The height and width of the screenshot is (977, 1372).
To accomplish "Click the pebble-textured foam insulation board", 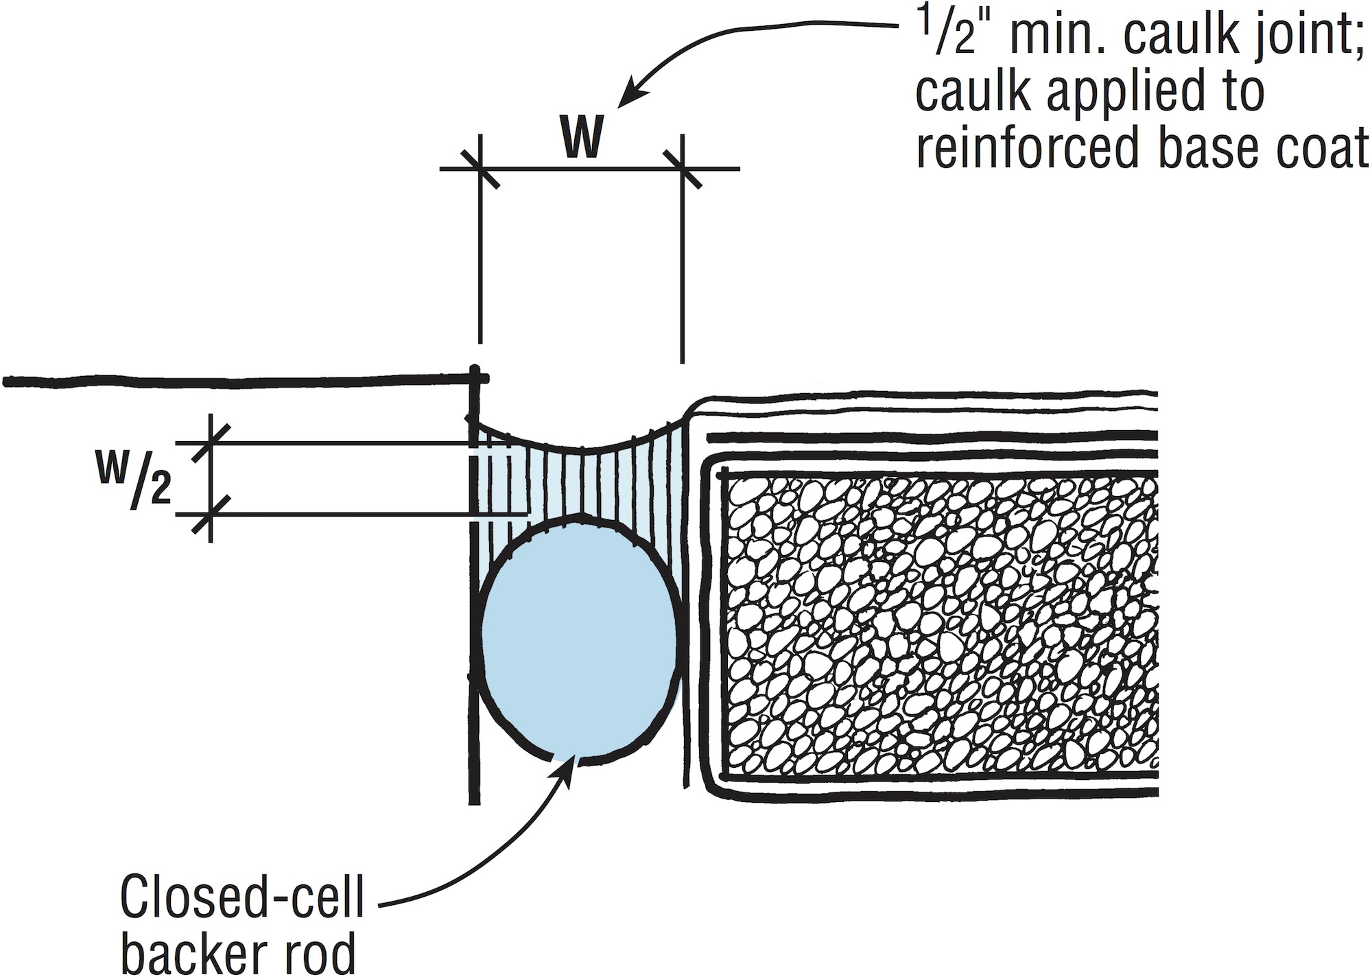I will [940, 624].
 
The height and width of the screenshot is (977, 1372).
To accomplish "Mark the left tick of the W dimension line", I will [481, 168].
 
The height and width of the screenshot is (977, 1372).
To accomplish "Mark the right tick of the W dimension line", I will [683, 168].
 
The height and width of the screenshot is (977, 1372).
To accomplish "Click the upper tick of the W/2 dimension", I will [210, 443].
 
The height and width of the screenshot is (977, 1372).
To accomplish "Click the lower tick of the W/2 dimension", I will [210, 514].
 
